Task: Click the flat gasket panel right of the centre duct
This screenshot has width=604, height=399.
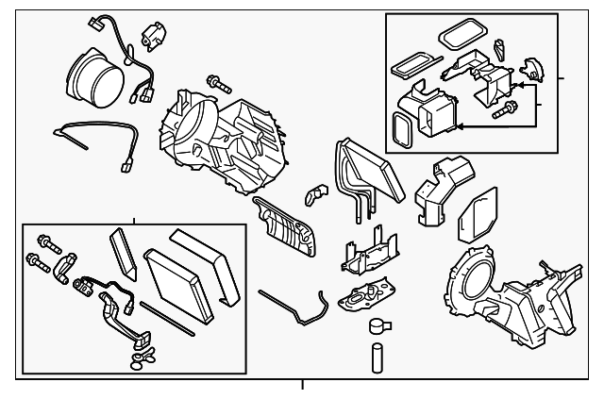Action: (477, 216)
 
